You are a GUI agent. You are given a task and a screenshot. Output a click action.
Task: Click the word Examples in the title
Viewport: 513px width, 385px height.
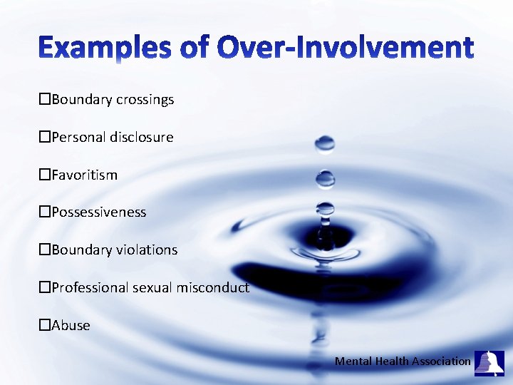tap(104, 48)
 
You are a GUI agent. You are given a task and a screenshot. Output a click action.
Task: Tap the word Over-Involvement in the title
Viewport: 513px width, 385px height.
tap(345, 48)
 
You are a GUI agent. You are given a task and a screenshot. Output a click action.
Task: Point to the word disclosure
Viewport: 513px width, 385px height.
tap(142, 137)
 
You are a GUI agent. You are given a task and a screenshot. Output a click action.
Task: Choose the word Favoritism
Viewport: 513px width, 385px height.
tap(84, 175)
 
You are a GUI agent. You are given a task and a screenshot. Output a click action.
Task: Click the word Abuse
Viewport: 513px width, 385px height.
tap(71, 326)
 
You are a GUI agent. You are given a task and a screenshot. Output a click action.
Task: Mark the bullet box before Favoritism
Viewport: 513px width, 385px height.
tap(44, 175)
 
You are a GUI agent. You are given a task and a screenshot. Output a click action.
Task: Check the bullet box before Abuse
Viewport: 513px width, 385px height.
tap(44, 326)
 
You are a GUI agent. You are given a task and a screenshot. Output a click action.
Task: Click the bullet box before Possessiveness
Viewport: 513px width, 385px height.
tap(44, 212)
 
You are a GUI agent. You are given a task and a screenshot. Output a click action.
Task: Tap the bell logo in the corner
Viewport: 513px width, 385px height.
tap(489, 363)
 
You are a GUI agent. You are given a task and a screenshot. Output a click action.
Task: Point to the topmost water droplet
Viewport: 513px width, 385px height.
tap(325, 145)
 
